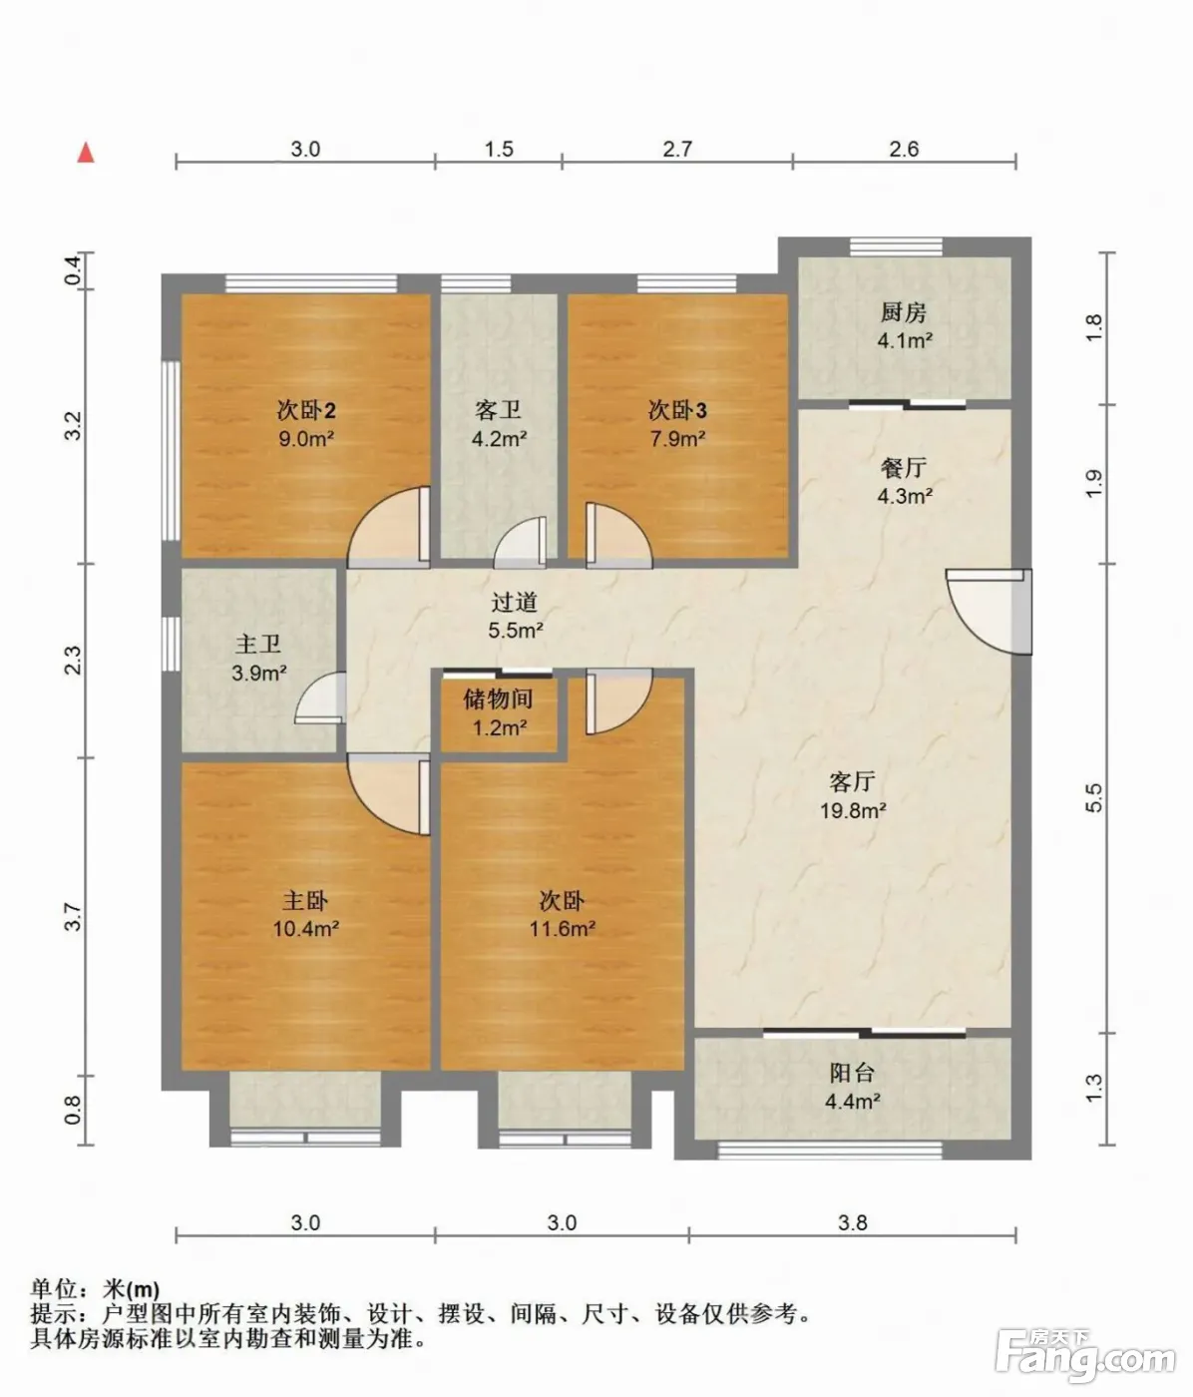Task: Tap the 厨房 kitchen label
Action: coord(903,312)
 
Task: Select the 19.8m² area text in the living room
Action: coord(853,810)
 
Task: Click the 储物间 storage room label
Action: coord(498,698)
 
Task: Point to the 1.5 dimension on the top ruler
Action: coord(499,149)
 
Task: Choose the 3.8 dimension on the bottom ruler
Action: coord(853,1222)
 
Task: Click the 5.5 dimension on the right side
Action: coord(1093,797)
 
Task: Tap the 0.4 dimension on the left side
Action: coord(73,270)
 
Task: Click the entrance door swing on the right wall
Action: coord(989,611)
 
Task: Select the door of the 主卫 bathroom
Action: coord(321,698)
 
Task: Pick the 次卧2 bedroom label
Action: coord(306,410)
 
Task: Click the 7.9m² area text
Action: coord(677,439)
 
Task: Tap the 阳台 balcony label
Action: coord(852,1073)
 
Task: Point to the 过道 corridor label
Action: coord(515,602)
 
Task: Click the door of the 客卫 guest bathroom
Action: coord(520,543)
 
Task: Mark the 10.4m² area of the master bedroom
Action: coord(305,929)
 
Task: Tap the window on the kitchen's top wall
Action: coord(896,246)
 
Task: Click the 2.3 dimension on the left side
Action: coord(73,661)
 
